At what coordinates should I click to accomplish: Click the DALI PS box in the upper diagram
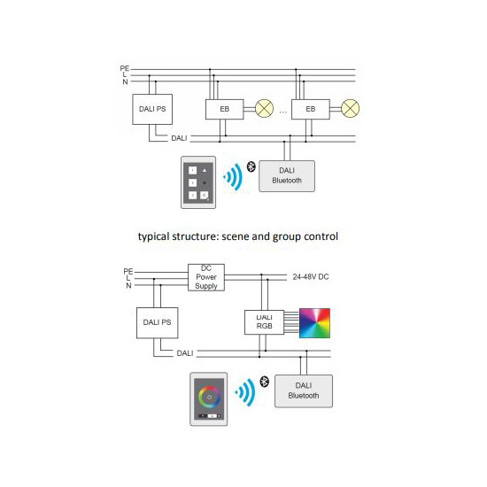(152, 109)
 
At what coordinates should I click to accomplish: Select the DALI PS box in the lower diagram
(157, 322)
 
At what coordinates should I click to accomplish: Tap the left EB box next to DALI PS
(225, 109)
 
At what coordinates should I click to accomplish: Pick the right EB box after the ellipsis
(311, 109)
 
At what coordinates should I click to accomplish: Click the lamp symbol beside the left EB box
(265, 108)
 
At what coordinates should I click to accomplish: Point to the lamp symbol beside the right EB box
(351, 108)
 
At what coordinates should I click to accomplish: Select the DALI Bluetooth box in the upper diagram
(287, 176)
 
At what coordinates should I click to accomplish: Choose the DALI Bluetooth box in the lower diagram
(304, 391)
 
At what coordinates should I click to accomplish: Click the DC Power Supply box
(206, 277)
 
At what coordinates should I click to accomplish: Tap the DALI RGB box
(265, 322)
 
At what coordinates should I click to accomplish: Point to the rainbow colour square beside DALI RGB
(314, 323)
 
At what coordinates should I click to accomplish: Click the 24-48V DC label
(311, 277)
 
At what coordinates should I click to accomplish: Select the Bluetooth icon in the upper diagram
(251, 166)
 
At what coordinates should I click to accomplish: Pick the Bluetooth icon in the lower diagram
(265, 382)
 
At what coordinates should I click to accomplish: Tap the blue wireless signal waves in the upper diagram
(234, 177)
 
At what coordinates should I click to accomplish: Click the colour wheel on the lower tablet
(209, 397)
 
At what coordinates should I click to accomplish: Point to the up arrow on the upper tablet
(205, 171)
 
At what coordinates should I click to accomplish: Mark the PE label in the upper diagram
(125, 68)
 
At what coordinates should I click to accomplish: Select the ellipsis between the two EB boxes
(283, 112)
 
